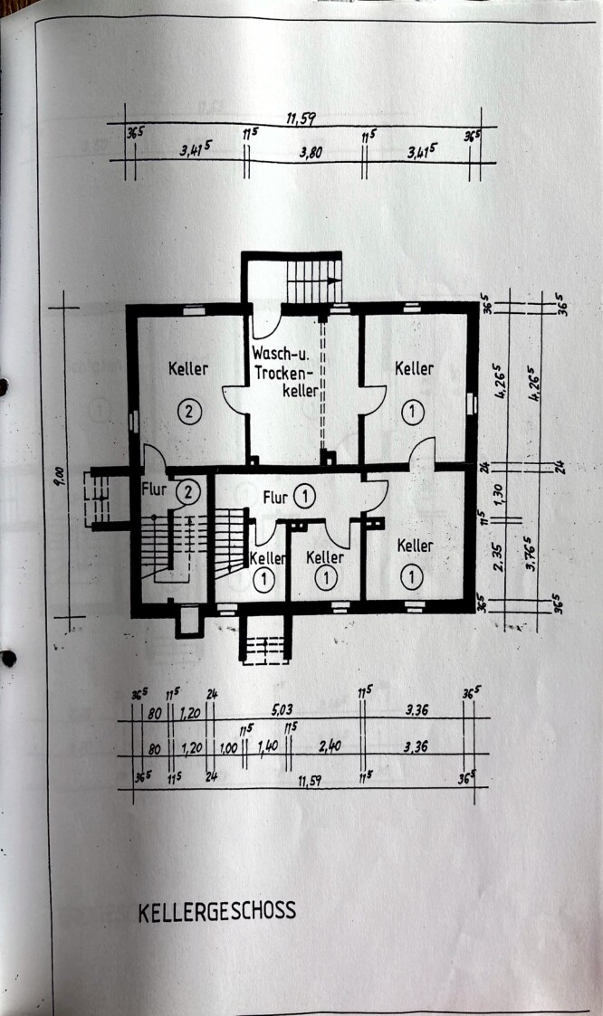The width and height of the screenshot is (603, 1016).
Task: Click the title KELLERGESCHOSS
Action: tap(216, 911)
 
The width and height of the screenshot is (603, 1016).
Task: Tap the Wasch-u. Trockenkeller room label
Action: tap(285, 372)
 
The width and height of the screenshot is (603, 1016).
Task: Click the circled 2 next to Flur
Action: tap(187, 492)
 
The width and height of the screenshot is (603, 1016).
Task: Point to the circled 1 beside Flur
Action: tap(305, 496)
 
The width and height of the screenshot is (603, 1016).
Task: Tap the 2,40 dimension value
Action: tap(328, 747)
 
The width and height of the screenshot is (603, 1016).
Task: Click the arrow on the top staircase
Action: tap(333, 281)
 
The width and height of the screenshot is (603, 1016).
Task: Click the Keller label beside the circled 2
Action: tap(187, 369)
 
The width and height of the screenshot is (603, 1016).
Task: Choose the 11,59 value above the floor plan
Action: tap(301, 119)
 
